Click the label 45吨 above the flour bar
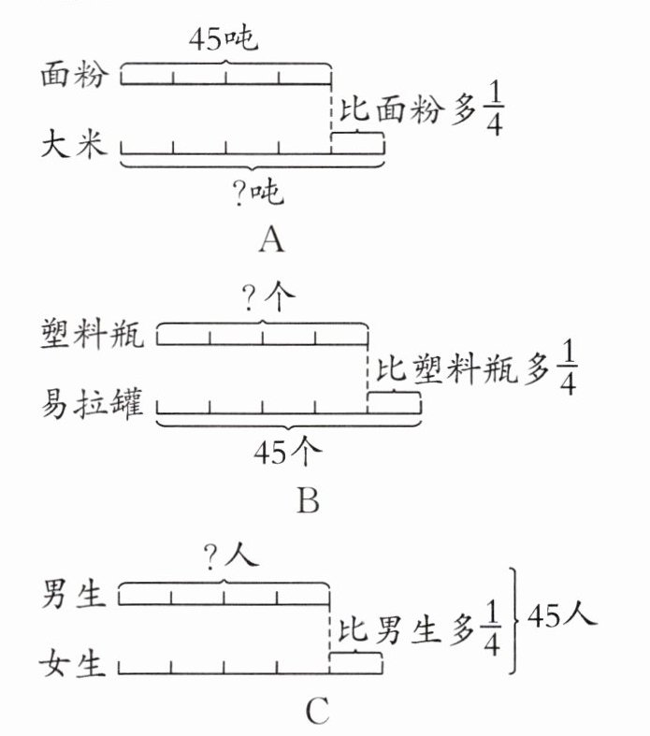[224, 39]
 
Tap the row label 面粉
[74, 75]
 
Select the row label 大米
[74, 144]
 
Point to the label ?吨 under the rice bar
[258, 193]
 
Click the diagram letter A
[272, 239]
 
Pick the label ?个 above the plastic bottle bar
[268, 298]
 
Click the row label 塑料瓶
[92, 334]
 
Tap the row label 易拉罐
[92, 404]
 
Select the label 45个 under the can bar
[288, 453]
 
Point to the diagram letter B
[309, 500]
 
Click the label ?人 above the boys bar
[232, 557]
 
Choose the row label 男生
[73, 594]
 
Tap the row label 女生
[72, 664]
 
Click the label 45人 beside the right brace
[562, 615]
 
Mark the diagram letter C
[318, 711]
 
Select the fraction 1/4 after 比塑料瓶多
[568, 370]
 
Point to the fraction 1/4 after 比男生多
[491, 629]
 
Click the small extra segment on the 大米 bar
[357, 144]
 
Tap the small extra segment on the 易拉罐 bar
[395, 403]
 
